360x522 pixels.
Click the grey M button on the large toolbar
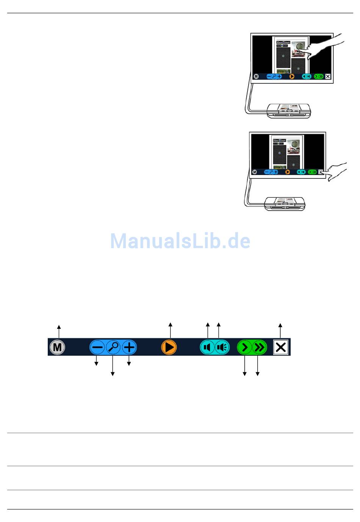click(57, 347)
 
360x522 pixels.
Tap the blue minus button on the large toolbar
click(97, 347)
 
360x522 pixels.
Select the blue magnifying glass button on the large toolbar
click(113, 347)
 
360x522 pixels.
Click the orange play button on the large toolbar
click(169, 347)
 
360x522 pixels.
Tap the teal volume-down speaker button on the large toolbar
click(207, 347)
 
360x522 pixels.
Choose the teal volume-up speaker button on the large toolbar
click(222, 347)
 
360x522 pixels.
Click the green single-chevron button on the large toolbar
click(244, 347)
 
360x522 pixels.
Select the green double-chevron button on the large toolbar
click(260, 347)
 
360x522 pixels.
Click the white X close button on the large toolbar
click(281, 347)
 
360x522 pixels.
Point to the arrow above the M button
click(59, 330)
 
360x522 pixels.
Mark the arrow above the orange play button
click(171, 330)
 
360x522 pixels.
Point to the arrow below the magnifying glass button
click(113, 366)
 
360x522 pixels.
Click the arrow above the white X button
click(280, 330)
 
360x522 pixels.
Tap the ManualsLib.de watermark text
click(180, 241)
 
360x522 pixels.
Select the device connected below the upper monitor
click(289, 110)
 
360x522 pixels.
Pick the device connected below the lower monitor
click(285, 203)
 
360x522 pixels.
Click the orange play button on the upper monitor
click(292, 76)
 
